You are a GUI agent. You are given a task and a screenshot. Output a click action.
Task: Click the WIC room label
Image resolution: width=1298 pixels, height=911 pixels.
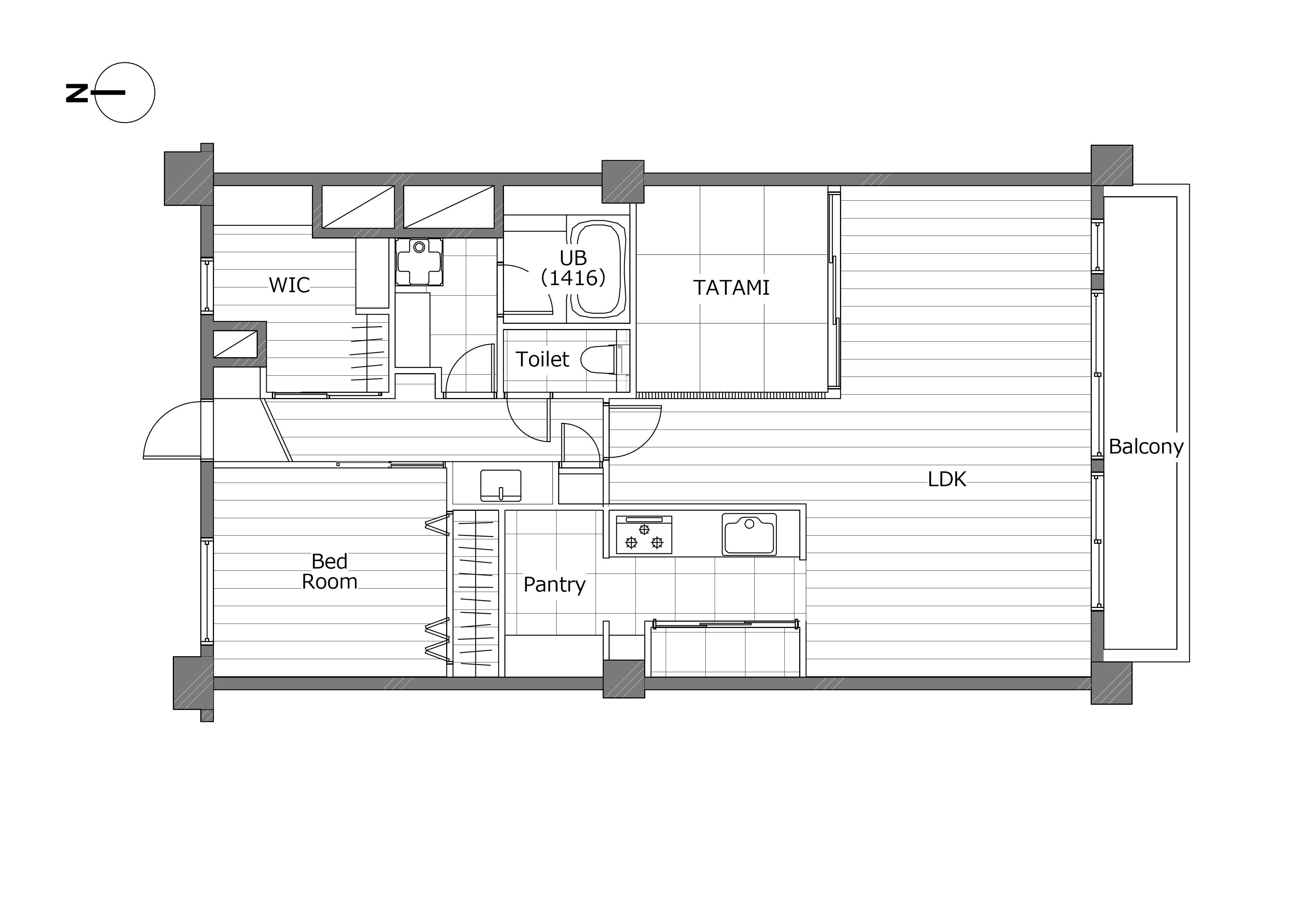click(x=289, y=285)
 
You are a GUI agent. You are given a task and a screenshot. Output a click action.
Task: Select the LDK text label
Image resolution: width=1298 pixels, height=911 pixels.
click(x=947, y=480)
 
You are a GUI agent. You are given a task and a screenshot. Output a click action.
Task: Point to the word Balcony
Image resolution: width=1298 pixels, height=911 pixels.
click(x=1146, y=447)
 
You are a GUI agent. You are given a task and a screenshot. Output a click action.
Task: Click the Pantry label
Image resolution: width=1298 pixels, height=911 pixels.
click(x=554, y=585)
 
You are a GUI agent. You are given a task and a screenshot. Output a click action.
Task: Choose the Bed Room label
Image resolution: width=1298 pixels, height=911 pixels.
click(x=330, y=571)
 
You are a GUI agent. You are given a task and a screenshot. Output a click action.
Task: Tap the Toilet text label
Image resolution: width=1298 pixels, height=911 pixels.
click(x=542, y=359)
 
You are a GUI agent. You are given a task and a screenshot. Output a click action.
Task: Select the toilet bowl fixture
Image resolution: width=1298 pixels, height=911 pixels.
click(x=602, y=359)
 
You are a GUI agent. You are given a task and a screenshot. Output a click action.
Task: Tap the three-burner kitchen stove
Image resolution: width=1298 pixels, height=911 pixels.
click(x=644, y=535)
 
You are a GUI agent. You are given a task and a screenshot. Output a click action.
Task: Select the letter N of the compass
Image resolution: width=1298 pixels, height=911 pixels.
click(x=77, y=93)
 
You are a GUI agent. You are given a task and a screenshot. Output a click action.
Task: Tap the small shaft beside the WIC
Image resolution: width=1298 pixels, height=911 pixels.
click(x=235, y=344)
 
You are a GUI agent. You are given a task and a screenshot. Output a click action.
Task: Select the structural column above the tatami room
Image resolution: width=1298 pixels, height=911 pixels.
click(x=623, y=181)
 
